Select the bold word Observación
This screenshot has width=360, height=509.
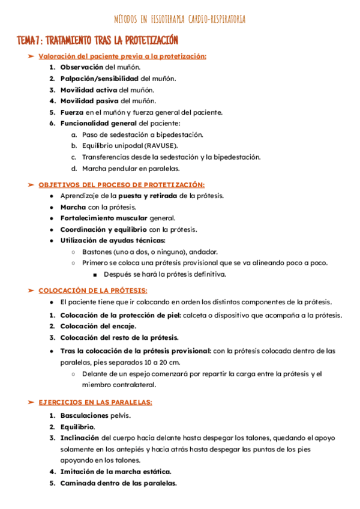(x=82, y=67)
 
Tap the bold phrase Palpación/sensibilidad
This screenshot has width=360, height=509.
(x=100, y=79)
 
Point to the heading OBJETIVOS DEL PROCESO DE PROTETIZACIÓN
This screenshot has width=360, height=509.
(x=121, y=185)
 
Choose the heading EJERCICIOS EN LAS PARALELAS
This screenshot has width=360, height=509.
(x=95, y=402)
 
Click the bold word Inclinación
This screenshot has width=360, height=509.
(x=80, y=438)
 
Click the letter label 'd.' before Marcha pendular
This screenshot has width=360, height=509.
(x=74, y=168)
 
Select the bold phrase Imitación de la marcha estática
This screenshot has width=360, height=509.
(x=115, y=472)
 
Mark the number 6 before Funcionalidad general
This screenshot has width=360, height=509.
(x=52, y=123)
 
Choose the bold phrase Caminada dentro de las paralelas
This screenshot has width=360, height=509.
(x=118, y=483)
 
